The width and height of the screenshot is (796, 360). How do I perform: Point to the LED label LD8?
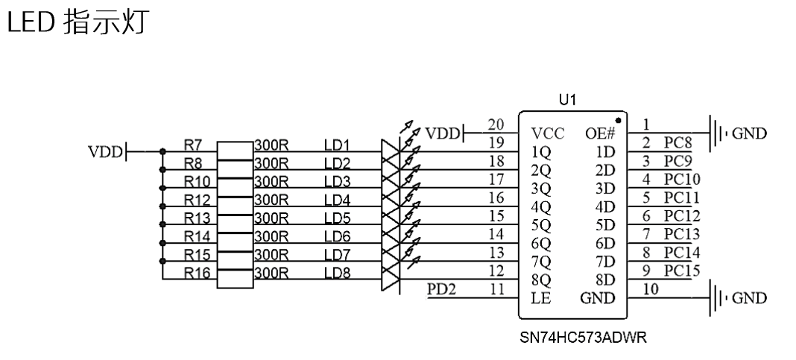coord(337,273)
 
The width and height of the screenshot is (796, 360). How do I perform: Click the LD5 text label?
coord(337,218)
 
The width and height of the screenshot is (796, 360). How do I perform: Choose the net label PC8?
coord(677,142)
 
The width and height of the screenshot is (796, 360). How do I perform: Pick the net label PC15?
coord(681,270)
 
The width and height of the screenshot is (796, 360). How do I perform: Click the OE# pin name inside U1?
coord(600,134)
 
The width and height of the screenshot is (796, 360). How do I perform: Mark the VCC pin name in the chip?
coord(548,134)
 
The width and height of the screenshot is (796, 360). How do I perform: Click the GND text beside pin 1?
coord(750,133)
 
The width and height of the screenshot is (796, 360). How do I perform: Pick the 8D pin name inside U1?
coord(605,280)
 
